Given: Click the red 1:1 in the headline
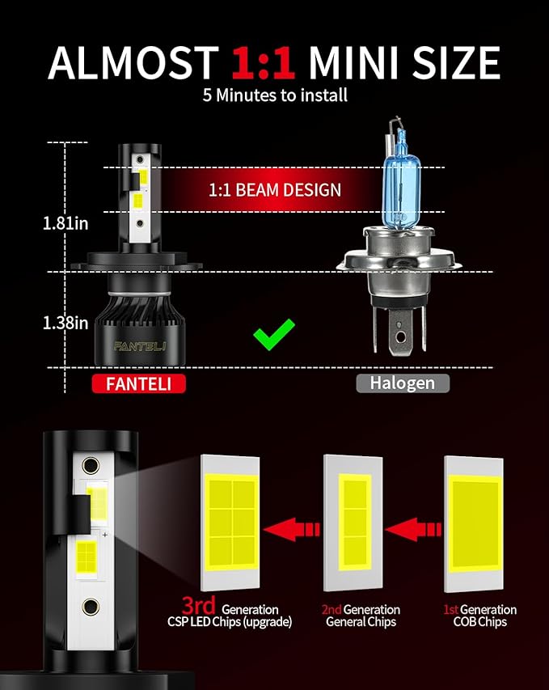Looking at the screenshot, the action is [x=263, y=62].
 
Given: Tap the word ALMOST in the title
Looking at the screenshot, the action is [x=133, y=62].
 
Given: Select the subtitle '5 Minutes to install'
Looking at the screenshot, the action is [x=275, y=95].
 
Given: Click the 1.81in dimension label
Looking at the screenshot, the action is [x=65, y=223].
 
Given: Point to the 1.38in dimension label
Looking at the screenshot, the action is [x=65, y=323].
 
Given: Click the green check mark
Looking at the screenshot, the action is [x=273, y=335].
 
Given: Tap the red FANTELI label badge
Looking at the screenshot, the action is [x=138, y=383].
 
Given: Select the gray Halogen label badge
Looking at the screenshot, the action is [x=403, y=383].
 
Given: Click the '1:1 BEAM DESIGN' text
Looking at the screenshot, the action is [x=275, y=189].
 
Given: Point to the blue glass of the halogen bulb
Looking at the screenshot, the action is [x=402, y=184].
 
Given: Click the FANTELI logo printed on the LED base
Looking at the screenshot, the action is [x=139, y=346].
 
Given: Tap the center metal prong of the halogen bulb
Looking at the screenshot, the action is [x=400, y=332].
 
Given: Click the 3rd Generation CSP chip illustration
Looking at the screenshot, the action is [x=230, y=523].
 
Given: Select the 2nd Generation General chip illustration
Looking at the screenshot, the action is [x=353, y=523].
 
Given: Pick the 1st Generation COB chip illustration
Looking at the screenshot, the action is [x=474, y=524].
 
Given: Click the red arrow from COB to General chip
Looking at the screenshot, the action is [x=412, y=529].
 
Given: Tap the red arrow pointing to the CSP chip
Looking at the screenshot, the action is [x=291, y=529].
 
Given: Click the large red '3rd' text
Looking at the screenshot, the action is [x=198, y=605].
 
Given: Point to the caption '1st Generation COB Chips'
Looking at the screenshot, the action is [x=480, y=616].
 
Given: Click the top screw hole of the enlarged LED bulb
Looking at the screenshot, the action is [x=91, y=465].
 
